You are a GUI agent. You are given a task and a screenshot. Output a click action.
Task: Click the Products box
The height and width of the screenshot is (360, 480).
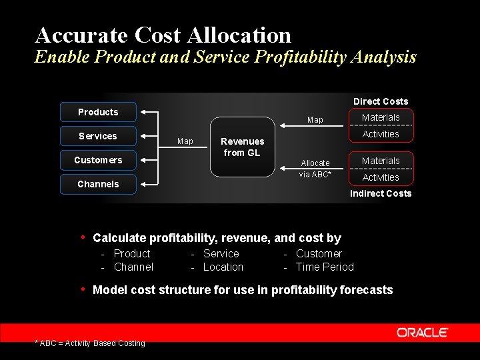(x=98, y=112)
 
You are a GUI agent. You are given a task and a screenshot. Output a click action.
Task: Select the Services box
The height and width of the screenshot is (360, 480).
(x=98, y=136)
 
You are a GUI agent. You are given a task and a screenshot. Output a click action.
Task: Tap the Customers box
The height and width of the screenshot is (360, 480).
(x=98, y=160)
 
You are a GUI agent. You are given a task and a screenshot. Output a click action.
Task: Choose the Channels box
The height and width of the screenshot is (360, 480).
(x=98, y=184)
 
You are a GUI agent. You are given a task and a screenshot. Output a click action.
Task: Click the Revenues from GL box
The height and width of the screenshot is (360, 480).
(x=243, y=147)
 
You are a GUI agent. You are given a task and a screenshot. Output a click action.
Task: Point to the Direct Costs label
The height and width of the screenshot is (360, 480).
(x=381, y=101)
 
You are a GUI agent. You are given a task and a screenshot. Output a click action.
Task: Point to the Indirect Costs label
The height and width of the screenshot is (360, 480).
(x=381, y=193)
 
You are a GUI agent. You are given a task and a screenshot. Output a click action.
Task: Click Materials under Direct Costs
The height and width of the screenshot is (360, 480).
(x=381, y=117)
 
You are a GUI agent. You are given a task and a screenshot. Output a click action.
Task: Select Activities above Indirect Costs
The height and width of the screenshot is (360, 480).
(x=381, y=177)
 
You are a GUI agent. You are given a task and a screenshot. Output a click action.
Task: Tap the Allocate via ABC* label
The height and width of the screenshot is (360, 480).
(x=315, y=169)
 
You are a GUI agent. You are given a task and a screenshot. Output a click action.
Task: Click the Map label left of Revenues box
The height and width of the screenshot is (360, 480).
(x=185, y=141)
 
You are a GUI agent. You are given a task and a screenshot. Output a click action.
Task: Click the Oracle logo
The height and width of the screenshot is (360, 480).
(x=423, y=333)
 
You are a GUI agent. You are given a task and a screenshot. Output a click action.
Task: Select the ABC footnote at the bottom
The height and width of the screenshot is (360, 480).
(x=89, y=343)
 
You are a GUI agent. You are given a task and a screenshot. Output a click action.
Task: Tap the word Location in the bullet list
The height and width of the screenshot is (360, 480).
(x=223, y=267)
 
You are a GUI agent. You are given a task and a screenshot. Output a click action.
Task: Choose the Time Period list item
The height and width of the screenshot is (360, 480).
(x=325, y=267)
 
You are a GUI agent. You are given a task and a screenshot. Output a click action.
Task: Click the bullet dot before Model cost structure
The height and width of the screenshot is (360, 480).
(x=83, y=289)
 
